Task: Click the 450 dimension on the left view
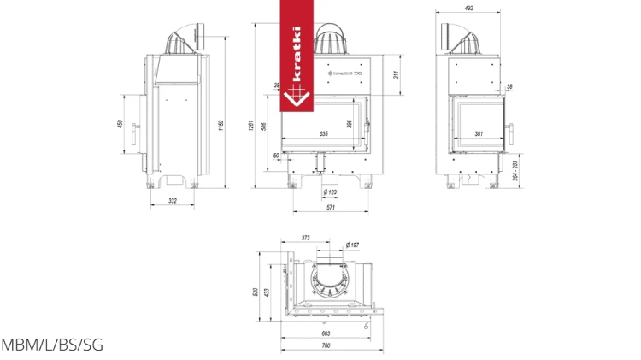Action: [121, 124]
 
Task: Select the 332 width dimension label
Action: [173, 200]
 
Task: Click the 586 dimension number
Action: [264, 127]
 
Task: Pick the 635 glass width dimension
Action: [323, 134]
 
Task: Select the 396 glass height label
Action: [349, 124]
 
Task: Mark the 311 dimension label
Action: [395, 74]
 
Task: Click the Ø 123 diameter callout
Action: [330, 192]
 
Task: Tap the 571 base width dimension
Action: [330, 208]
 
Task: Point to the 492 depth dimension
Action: [469, 9]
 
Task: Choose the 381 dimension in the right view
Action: [479, 134]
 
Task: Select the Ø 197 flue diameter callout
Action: [351, 245]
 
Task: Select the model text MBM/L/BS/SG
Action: [51, 345]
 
